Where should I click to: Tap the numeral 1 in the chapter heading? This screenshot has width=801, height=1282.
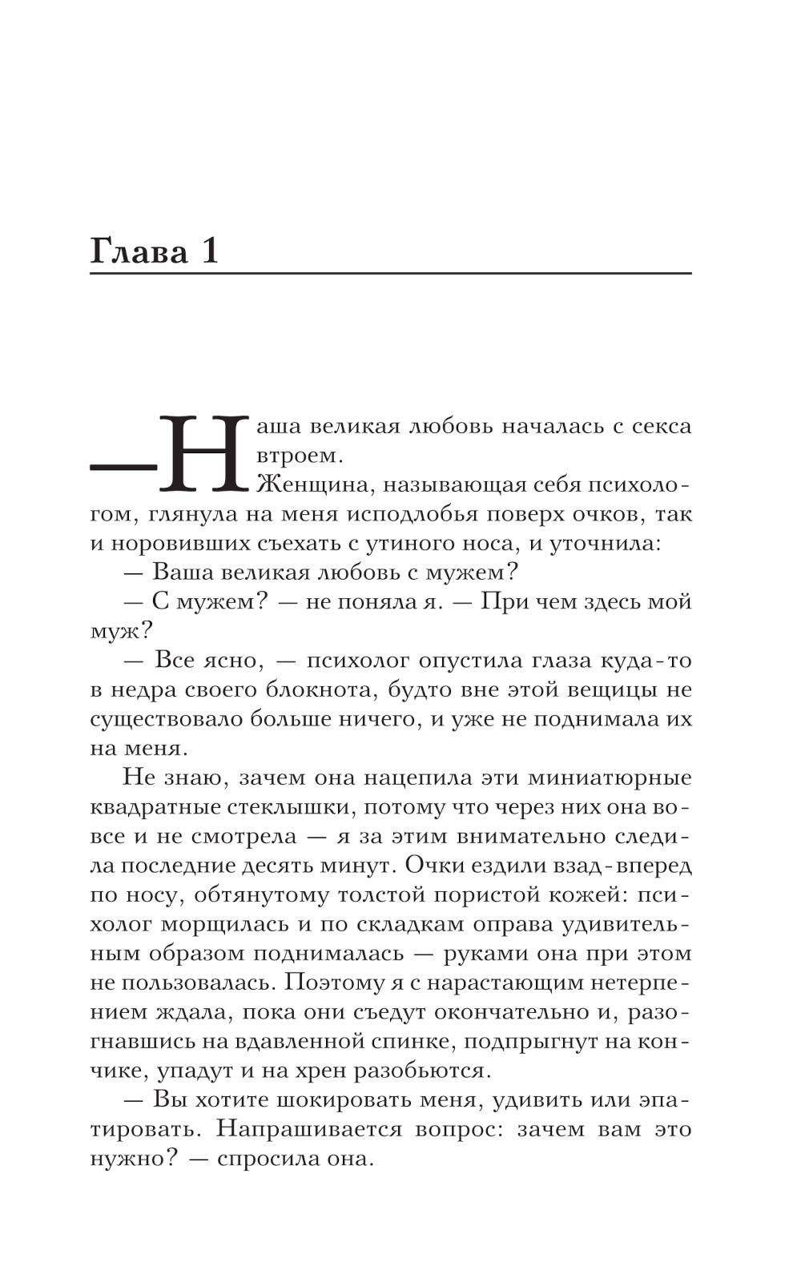click(x=207, y=251)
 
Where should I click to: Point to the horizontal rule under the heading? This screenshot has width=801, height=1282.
click(x=390, y=274)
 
